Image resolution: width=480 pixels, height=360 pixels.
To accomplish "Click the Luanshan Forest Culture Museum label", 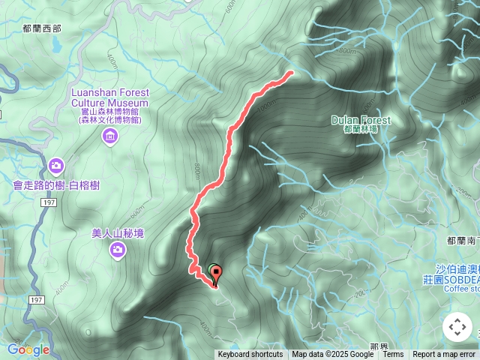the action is coord(110,97).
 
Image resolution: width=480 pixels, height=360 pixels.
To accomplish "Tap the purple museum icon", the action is coord(110,136).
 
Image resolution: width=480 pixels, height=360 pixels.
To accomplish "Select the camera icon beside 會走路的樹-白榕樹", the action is coord(55,165).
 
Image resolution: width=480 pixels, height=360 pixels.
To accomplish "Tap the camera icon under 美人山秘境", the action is coord(117,251).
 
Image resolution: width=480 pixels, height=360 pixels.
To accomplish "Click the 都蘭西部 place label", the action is coord(42,28).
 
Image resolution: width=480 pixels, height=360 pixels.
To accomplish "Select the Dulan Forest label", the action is coord(361,120).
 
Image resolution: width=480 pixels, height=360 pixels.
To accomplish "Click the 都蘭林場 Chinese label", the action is coord(361,130).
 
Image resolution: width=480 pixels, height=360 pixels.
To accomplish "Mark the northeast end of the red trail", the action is coord(290,73).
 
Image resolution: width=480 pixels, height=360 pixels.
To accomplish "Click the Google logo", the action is coord(28,349).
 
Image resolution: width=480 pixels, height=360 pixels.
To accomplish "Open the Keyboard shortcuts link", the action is coord(250,355).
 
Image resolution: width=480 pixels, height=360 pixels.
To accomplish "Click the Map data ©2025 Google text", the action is coord(333,355).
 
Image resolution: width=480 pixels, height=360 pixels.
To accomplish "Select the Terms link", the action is coord(393,355).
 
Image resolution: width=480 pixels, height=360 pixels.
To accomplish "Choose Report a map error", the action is coord(444,355).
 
